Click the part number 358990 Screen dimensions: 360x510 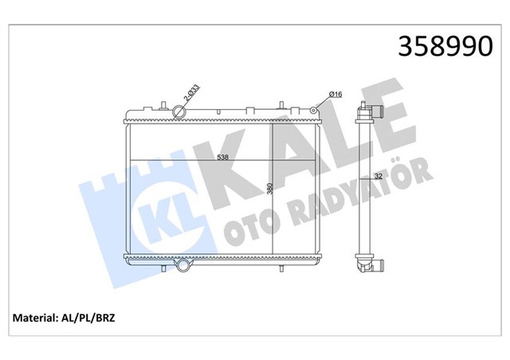pyautogui.click(x=437, y=46)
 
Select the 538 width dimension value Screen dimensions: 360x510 pyautogui.click(x=224, y=157)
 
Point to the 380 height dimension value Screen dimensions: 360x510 pyautogui.click(x=270, y=189)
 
